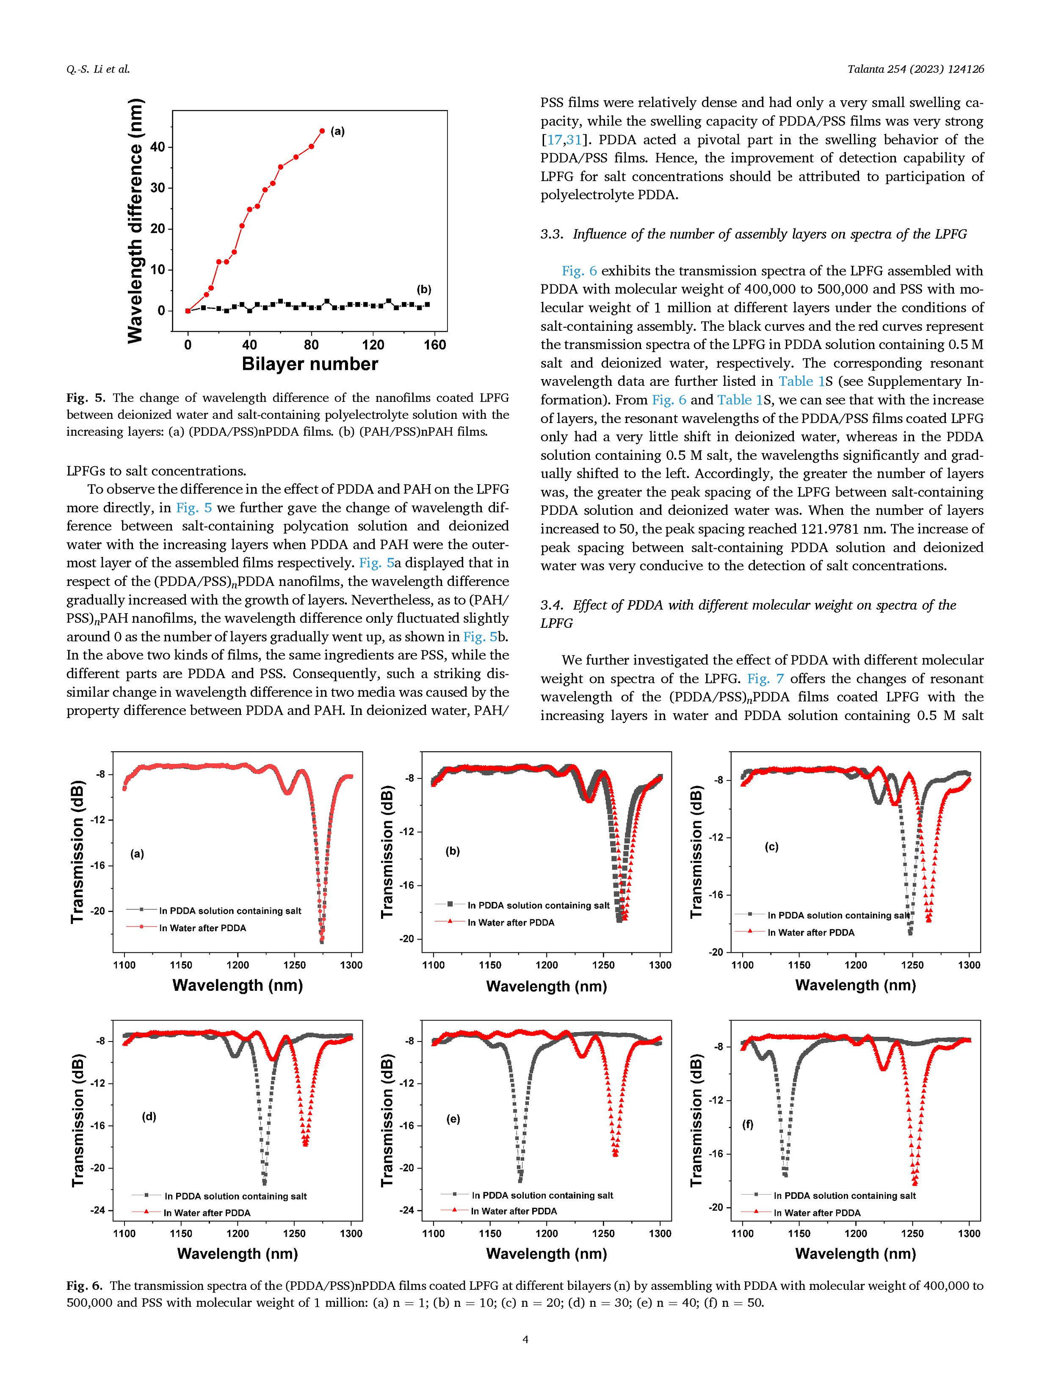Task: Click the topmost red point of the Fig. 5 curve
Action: point(322,131)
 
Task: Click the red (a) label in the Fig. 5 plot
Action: point(337,132)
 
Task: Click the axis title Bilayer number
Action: point(310,364)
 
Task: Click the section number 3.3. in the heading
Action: point(552,235)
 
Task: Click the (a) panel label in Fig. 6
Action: point(137,854)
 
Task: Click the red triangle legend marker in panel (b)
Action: point(450,922)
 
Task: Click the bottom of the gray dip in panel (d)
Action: point(265,1182)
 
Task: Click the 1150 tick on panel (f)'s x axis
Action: point(799,1233)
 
